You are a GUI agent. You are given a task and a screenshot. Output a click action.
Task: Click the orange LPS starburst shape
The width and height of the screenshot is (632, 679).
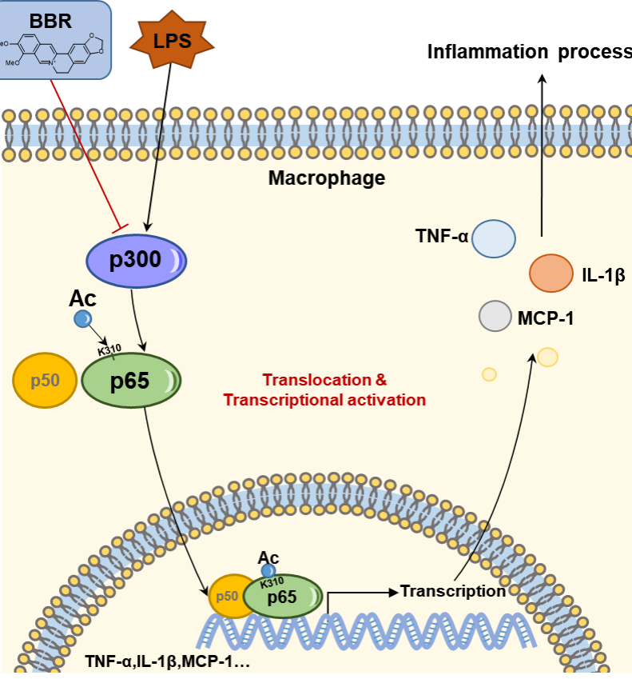click(x=173, y=39)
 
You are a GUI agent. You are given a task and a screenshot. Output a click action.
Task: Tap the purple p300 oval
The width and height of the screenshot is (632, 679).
click(x=136, y=259)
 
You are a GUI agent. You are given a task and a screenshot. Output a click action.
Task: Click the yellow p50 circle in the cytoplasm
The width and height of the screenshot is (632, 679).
click(x=45, y=380)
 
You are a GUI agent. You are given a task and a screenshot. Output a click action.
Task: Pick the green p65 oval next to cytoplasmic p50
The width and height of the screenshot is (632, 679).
click(x=131, y=381)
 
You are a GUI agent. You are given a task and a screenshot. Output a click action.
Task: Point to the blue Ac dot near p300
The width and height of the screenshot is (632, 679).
click(x=82, y=319)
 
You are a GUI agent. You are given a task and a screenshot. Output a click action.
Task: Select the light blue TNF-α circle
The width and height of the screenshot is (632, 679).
click(x=493, y=238)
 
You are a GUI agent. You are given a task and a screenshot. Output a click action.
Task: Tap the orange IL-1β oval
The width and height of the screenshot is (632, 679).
click(x=551, y=274)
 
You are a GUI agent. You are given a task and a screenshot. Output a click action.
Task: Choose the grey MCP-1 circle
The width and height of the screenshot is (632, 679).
click(x=495, y=316)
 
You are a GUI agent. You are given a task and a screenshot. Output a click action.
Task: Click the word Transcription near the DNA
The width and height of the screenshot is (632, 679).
click(x=453, y=592)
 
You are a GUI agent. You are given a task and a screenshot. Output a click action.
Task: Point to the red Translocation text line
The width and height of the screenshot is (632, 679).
click(x=324, y=381)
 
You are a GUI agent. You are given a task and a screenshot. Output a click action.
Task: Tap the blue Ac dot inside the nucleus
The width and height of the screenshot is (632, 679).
click(x=268, y=571)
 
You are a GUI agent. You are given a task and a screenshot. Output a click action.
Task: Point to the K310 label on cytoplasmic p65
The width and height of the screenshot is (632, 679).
click(x=109, y=351)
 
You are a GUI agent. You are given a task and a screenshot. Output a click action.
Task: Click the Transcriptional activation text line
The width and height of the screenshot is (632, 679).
click(x=324, y=399)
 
